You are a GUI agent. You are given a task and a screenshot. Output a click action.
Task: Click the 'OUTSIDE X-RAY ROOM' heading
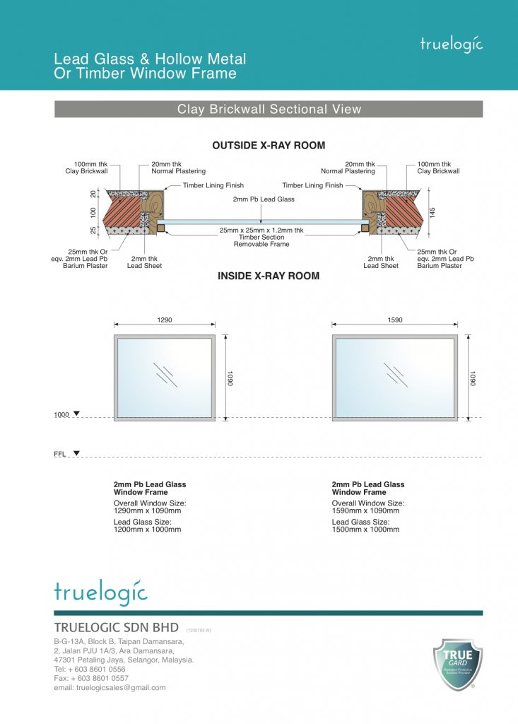tap(269, 146)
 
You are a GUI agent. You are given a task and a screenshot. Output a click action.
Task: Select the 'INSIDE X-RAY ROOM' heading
tap(269, 276)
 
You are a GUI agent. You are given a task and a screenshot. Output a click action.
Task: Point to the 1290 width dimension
tap(165, 320)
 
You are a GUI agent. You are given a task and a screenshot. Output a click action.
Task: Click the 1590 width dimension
tap(395, 320)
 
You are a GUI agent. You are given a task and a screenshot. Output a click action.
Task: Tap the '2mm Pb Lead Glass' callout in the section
tap(264, 199)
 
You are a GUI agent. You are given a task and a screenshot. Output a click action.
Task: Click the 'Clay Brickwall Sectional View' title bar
tap(269, 110)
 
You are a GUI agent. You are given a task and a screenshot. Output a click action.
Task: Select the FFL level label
tap(59, 455)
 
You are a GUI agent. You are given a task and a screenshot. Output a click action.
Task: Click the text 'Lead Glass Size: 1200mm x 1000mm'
tap(147, 525)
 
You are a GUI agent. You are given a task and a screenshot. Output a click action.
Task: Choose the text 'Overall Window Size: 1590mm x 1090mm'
tap(365, 507)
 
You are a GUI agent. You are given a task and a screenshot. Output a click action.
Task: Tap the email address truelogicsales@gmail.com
tap(110, 687)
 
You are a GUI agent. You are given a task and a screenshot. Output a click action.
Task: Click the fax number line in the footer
tap(91, 678)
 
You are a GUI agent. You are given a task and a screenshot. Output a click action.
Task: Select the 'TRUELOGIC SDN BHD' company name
tap(117, 629)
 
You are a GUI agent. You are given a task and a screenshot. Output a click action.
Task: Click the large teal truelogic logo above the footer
tap(100, 591)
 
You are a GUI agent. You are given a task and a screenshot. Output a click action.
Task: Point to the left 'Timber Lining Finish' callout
tap(213, 185)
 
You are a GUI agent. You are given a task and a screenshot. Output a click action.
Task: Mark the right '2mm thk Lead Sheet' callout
tap(381, 262)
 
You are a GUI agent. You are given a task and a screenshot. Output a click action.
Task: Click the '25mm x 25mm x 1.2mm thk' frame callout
tap(261, 230)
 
